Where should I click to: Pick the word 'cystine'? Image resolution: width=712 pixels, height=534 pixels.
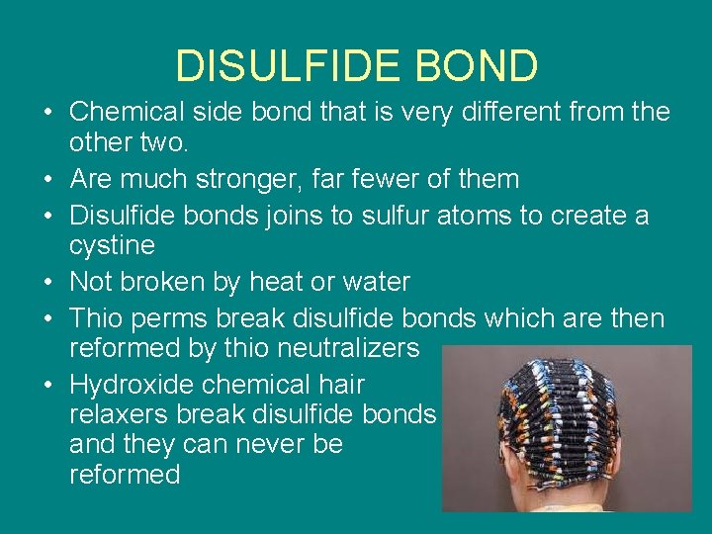112,245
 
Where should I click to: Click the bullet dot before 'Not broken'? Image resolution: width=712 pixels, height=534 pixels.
48,282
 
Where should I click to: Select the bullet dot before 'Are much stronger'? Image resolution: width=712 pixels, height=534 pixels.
48,180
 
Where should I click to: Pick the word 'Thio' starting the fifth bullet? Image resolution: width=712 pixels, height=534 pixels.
96,318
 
